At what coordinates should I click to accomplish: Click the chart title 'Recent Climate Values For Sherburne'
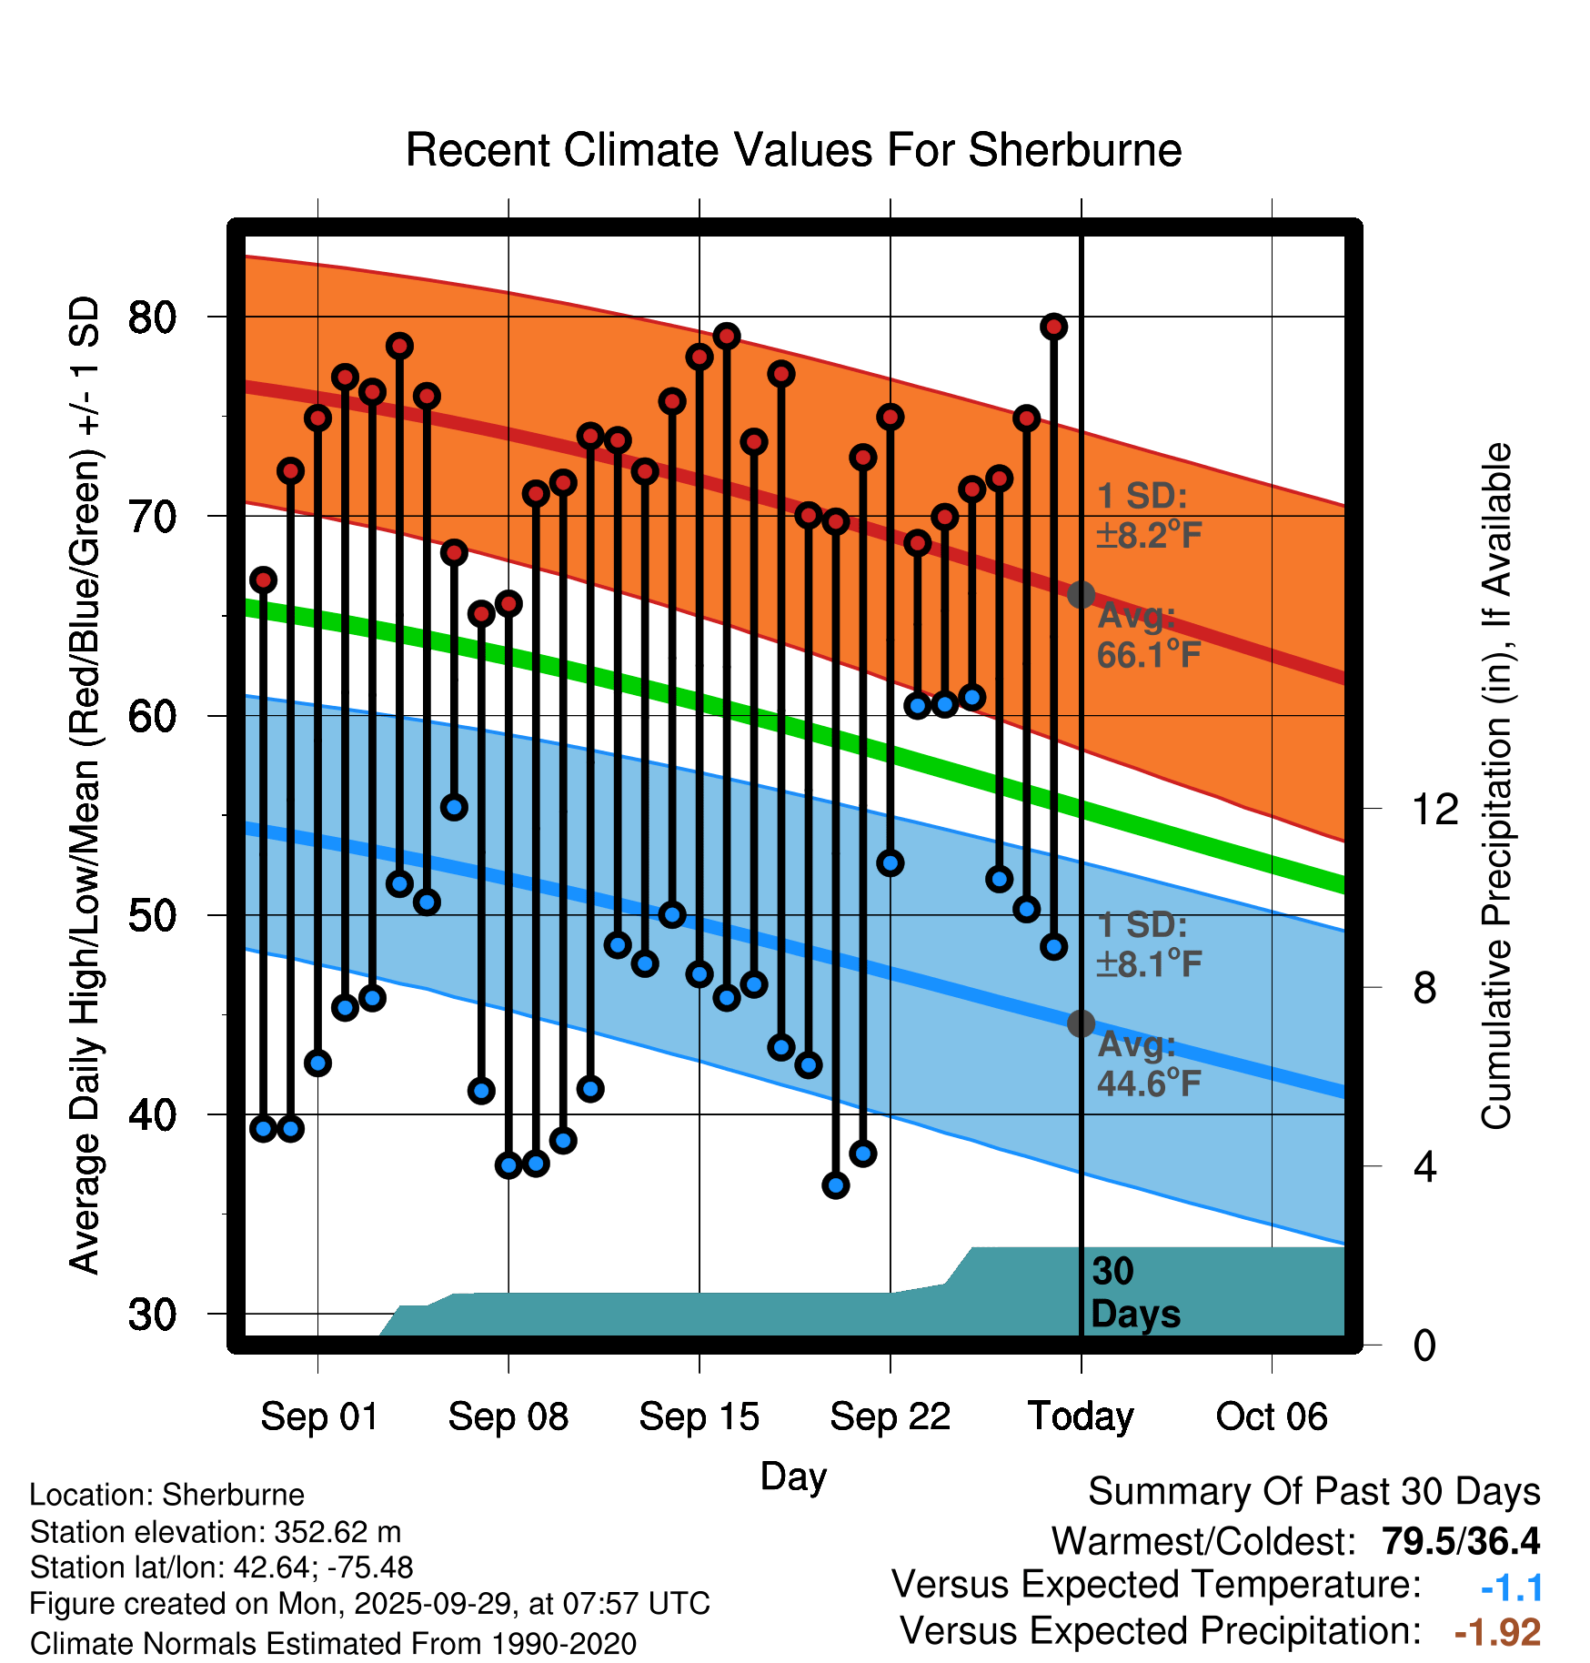pyautogui.click(x=793, y=150)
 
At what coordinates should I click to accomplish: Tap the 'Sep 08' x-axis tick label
pyautogui.click(x=508, y=1416)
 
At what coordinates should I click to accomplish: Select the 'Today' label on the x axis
pyautogui.click(x=1081, y=1416)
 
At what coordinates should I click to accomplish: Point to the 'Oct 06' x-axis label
pyautogui.click(x=1272, y=1416)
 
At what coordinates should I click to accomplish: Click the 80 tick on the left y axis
pyautogui.click(x=152, y=317)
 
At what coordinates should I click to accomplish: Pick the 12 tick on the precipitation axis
pyautogui.click(x=1434, y=809)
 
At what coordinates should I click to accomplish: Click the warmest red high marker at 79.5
pyautogui.click(x=1053, y=327)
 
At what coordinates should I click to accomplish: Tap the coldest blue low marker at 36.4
pyautogui.click(x=836, y=1184)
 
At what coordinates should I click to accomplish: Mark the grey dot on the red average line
pyautogui.click(x=1081, y=595)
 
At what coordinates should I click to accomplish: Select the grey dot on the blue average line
pyautogui.click(x=1081, y=1023)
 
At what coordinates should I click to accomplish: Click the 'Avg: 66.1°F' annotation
pyautogui.click(x=1148, y=635)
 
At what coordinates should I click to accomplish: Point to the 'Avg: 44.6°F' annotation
pyautogui.click(x=1148, y=1063)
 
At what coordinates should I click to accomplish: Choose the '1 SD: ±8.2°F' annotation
pyautogui.click(x=1148, y=516)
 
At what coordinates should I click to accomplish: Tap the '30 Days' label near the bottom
pyautogui.click(x=1134, y=1293)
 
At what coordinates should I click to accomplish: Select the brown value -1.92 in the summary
pyautogui.click(x=1497, y=1632)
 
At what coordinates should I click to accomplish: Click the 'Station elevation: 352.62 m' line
pyautogui.click(x=216, y=1532)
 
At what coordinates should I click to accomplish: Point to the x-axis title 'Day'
pyautogui.click(x=793, y=1476)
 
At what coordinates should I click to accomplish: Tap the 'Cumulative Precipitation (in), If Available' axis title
pyautogui.click(x=1496, y=787)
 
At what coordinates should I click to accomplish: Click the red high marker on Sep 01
pyautogui.click(x=317, y=418)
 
